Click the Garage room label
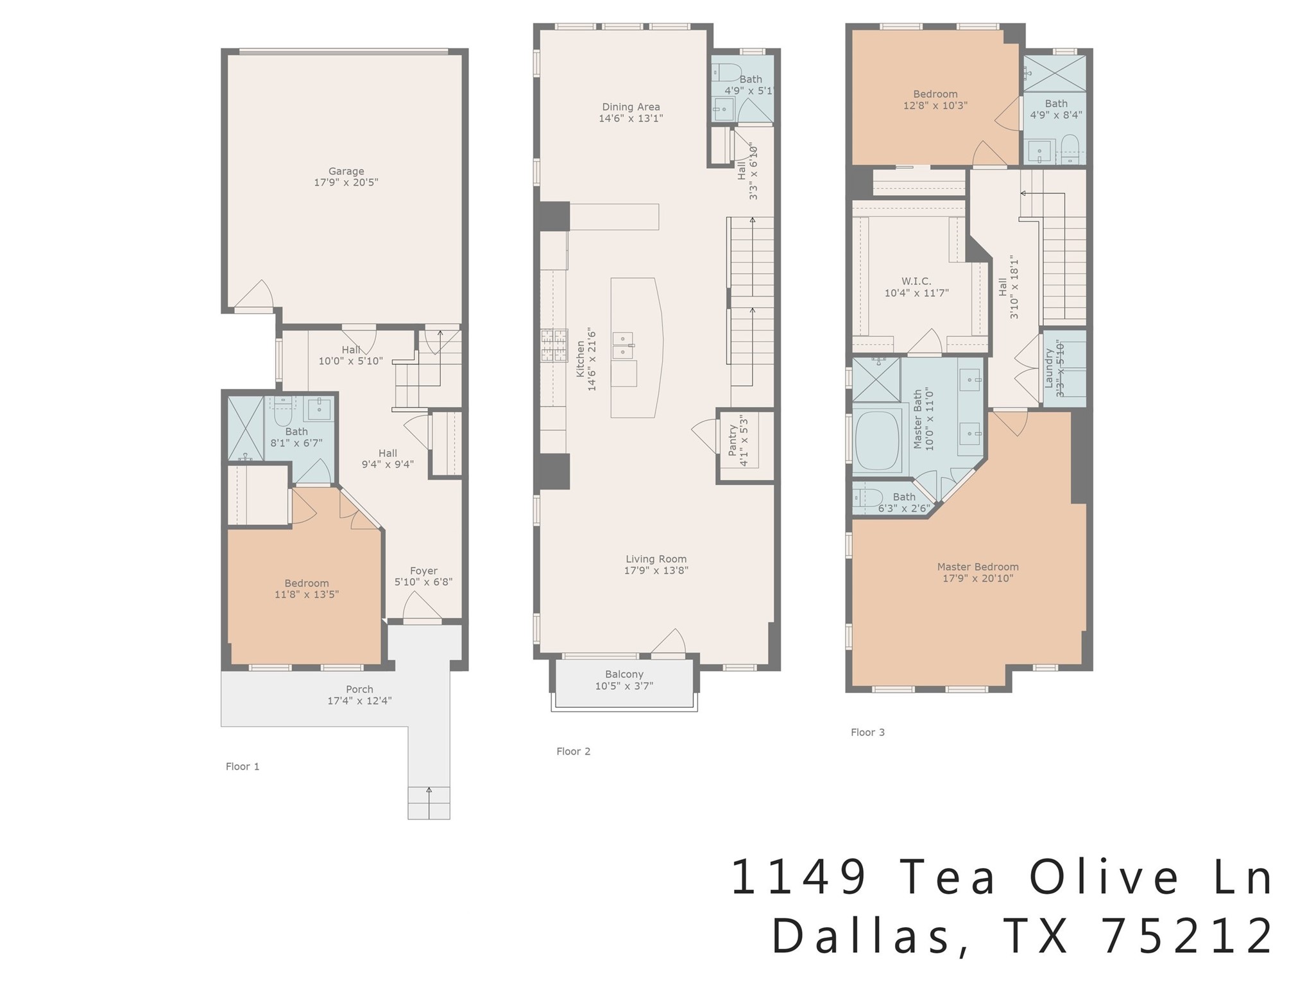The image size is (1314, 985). [346, 171]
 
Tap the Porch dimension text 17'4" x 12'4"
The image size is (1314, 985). [359, 701]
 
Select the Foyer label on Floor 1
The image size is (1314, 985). [423, 571]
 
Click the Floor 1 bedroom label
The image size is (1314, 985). [307, 583]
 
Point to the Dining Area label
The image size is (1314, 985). [631, 107]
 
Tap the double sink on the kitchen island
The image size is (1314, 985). [623, 346]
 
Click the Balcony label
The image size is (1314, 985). [624, 674]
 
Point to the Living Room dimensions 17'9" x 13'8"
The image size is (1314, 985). [656, 570]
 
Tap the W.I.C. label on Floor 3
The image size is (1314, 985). [916, 281]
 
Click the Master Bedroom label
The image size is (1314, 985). [977, 567]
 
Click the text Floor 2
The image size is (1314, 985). [573, 751]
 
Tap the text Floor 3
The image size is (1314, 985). [867, 732]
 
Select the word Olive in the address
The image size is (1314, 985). [1104, 877]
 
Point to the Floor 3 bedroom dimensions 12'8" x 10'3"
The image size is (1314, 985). [935, 105]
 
